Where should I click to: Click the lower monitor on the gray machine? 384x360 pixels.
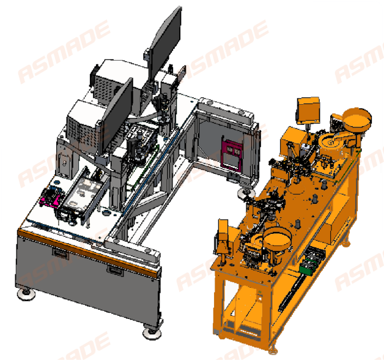pyautogui.click(x=117, y=117)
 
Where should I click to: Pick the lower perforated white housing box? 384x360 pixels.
pyautogui.click(x=83, y=122)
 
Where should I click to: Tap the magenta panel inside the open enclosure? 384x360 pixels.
pyautogui.click(x=232, y=155)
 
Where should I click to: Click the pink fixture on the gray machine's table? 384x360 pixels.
pyautogui.click(x=51, y=195)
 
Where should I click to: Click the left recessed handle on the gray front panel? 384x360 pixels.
pyautogui.click(x=61, y=253)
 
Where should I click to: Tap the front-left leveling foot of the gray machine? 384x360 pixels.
pyautogui.click(x=26, y=294)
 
